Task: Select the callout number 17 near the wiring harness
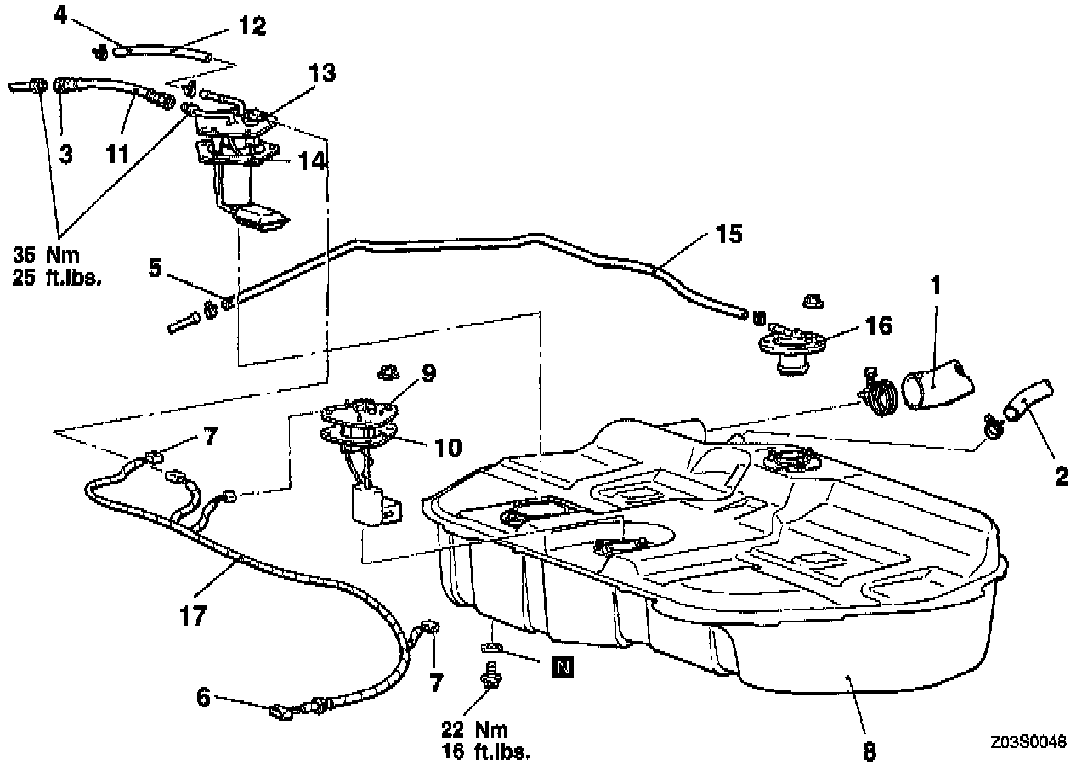coord(194,615)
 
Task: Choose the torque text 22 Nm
coord(475,729)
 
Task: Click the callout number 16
coord(880,326)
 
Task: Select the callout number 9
coord(428,371)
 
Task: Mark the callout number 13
coord(322,74)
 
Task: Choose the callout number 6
coord(202,697)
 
